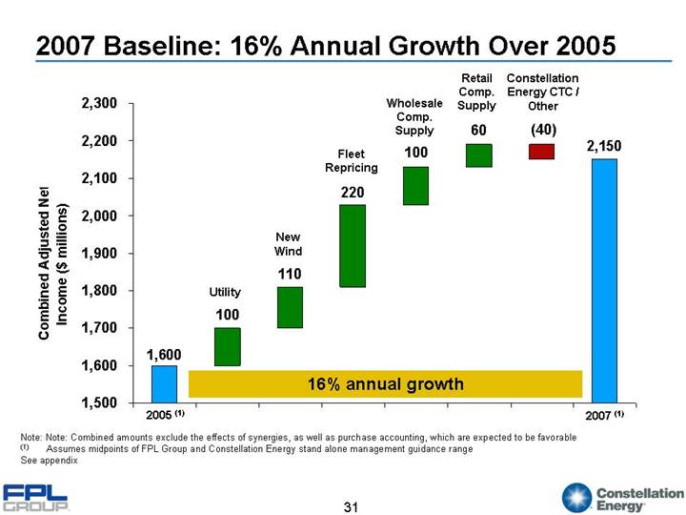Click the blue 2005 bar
pyautogui.click(x=164, y=383)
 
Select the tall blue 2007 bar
pyautogui.click(x=604, y=280)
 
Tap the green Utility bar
pyautogui.click(x=227, y=346)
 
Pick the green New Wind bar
pyautogui.click(x=290, y=307)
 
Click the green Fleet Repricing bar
pyautogui.click(x=353, y=245)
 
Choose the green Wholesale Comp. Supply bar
pyautogui.click(x=415, y=185)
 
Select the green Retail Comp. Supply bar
pyautogui.click(x=478, y=155)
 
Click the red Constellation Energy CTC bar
pyautogui.click(x=541, y=151)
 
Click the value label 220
pyautogui.click(x=353, y=193)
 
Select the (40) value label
pyautogui.click(x=542, y=129)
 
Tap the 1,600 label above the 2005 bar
pyautogui.click(x=163, y=354)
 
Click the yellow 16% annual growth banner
pyautogui.click(x=385, y=383)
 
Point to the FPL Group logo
pyautogui.click(x=36, y=497)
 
